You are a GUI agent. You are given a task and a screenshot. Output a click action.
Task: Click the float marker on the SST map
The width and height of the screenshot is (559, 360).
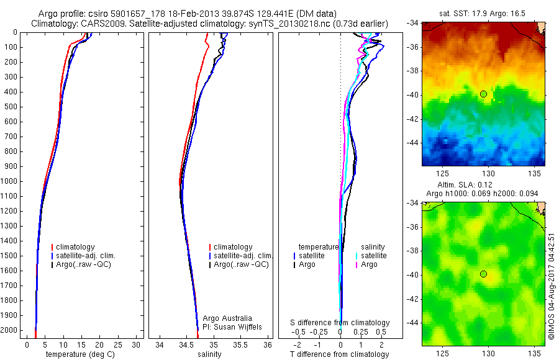(483, 94)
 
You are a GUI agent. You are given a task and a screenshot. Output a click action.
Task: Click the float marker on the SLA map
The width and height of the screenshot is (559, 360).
(483, 274)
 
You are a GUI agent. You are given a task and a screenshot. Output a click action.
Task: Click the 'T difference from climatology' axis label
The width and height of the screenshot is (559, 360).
(339, 354)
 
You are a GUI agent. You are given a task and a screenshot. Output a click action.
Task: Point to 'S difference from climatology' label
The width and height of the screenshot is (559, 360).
(340, 323)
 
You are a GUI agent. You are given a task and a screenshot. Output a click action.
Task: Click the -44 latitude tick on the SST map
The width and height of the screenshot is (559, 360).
(413, 142)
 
